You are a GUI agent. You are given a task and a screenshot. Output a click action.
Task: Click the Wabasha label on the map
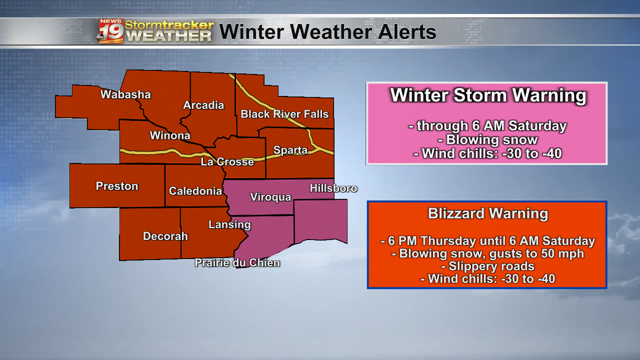(x=125, y=94)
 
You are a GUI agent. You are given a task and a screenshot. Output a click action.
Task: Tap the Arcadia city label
(x=203, y=105)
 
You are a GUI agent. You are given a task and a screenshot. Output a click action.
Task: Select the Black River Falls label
(x=284, y=114)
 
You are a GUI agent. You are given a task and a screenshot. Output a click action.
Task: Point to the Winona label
(x=170, y=135)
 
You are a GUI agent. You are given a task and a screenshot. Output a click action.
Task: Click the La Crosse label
(x=227, y=162)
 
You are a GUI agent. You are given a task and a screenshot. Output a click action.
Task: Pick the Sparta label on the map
(x=290, y=150)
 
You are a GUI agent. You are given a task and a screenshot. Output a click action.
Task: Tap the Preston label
(x=117, y=186)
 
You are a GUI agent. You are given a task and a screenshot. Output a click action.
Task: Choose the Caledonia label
(x=195, y=191)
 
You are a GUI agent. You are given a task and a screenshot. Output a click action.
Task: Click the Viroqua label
(x=270, y=197)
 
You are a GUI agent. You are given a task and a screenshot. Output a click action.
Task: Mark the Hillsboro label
(x=333, y=188)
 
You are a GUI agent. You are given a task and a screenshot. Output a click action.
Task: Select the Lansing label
(x=229, y=224)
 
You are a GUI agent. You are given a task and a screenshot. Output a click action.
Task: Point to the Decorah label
(x=165, y=236)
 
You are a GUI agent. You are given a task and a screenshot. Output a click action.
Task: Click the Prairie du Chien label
(x=237, y=262)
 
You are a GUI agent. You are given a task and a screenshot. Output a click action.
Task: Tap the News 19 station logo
(x=111, y=31)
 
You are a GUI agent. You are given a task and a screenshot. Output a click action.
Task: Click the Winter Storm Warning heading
(x=488, y=95)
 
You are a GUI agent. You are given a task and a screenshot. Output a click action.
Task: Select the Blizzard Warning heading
(x=488, y=213)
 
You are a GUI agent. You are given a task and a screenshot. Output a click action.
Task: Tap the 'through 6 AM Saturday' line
(x=488, y=125)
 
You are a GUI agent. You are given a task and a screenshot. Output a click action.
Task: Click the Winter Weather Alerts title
(x=328, y=32)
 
